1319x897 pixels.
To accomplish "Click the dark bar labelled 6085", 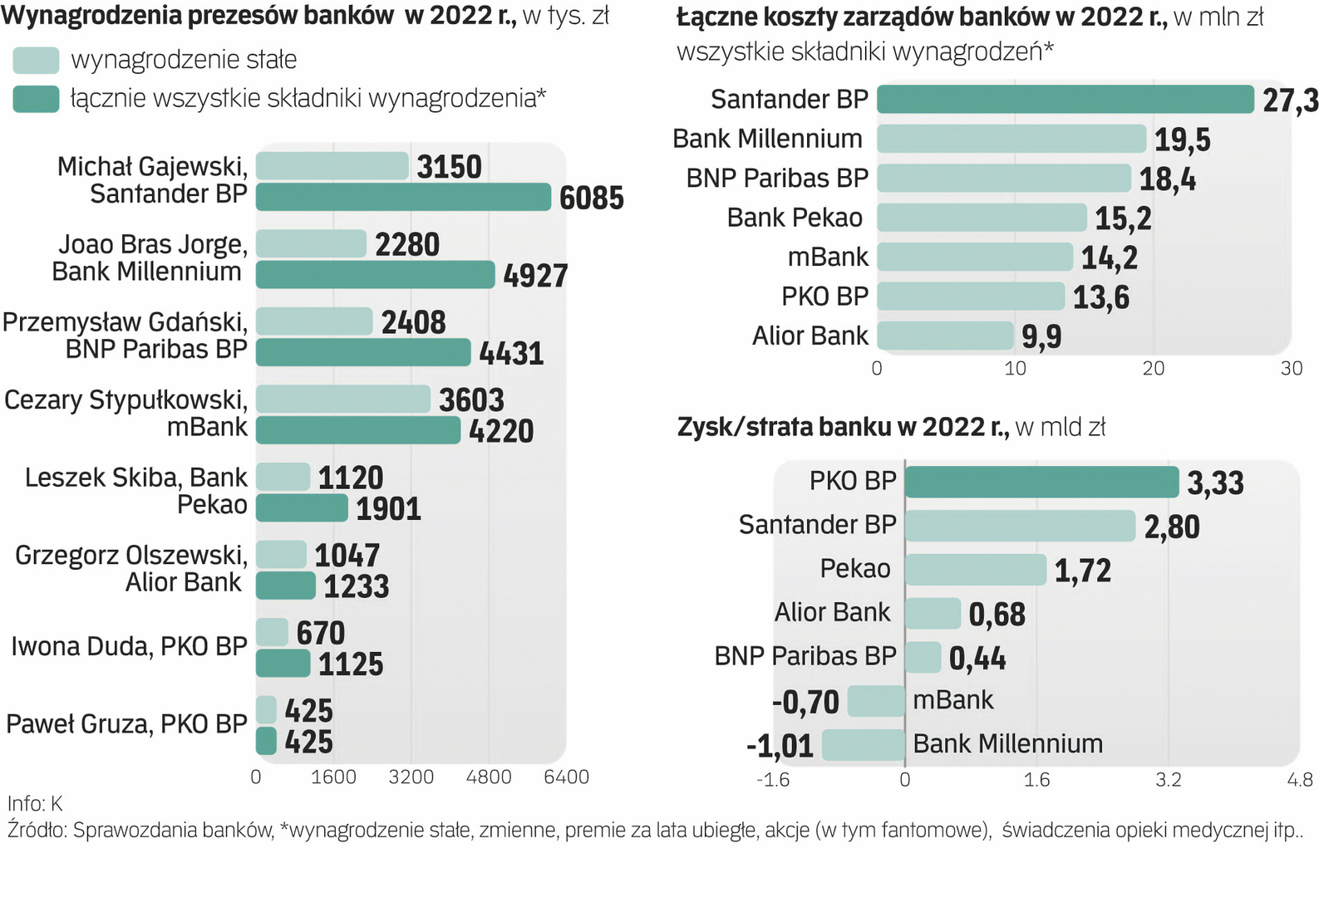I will [x=403, y=198].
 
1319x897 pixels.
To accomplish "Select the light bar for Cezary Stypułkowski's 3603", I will [x=342, y=399].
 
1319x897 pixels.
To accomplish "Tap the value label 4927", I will [x=535, y=276].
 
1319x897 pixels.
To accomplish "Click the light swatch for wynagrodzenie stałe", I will [x=36, y=60].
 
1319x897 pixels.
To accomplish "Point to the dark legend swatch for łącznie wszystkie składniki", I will [x=36, y=99].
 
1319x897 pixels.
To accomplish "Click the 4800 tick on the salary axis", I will [x=489, y=777].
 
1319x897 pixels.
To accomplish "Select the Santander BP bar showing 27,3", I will [x=1065, y=100].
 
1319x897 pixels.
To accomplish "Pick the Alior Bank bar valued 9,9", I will [x=945, y=336].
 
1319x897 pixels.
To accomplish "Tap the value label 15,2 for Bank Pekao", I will [x=1123, y=218].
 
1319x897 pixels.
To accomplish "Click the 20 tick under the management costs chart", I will [x=1154, y=369].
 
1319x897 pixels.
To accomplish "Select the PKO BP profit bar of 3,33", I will [x=1041, y=482].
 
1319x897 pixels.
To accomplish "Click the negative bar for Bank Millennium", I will [x=863, y=745].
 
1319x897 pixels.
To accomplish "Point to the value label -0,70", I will [x=805, y=703].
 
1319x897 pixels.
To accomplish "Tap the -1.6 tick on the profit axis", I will [x=773, y=780].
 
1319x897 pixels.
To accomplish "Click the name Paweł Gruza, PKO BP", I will [x=126, y=724].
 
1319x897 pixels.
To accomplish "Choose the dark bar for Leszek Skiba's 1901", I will [x=302, y=508].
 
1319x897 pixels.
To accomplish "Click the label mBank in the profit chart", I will [x=952, y=700].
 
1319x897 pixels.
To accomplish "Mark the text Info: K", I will [x=35, y=804].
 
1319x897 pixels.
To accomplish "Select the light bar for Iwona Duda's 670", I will [x=272, y=633].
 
